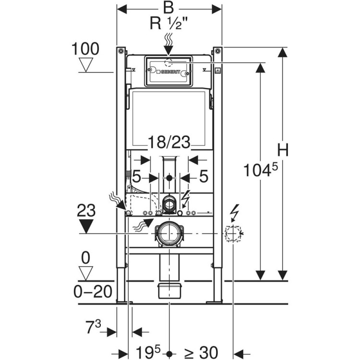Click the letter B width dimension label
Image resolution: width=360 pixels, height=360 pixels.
(168, 8)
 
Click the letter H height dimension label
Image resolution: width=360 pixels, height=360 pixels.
(283, 150)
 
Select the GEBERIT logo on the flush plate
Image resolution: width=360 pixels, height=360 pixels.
(168, 72)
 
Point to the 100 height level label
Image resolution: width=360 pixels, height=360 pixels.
(85, 48)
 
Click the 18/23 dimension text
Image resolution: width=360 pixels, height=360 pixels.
(169, 142)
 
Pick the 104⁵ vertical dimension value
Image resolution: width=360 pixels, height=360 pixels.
(260, 169)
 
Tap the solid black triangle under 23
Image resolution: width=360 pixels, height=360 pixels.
(86, 226)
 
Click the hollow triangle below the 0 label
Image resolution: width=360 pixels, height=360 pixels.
(85, 273)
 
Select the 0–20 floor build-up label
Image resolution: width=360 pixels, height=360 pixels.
(93, 291)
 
